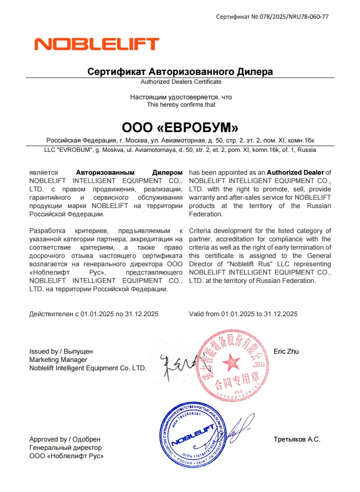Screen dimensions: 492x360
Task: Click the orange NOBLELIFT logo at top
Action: coord(96,43)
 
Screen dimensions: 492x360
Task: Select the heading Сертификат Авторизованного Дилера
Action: coord(180,72)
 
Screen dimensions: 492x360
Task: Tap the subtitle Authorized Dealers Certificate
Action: coord(181,82)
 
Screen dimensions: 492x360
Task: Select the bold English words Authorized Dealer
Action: coord(295,172)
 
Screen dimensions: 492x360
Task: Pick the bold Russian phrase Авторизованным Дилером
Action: coord(130,172)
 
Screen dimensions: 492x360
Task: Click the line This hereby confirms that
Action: coord(181,105)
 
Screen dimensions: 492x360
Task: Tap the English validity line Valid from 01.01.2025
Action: coord(243,314)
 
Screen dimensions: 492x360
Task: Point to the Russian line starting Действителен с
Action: coord(94,314)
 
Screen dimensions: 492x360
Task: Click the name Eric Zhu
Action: coord(286,352)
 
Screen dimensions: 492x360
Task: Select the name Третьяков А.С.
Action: coord(297,439)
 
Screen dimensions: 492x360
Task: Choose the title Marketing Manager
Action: coord(58,360)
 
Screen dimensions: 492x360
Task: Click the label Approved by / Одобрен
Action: coord(65,439)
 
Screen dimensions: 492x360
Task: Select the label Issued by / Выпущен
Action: coord(61,352)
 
